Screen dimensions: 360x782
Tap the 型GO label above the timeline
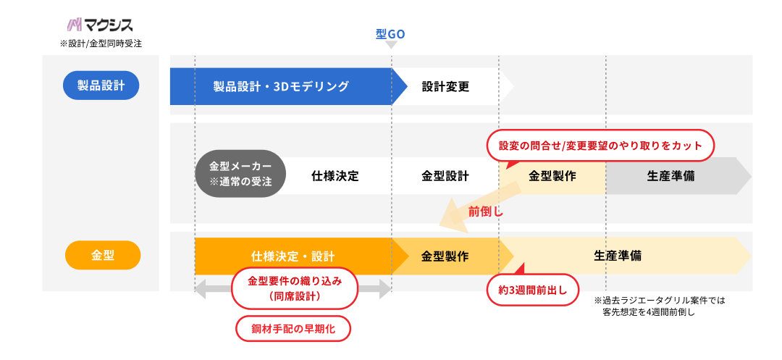pyautogui.click(x=391, y=34)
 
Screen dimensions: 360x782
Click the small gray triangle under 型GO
pyautogui.click(x=391, y=45)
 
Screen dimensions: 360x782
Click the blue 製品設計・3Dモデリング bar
pyautogui.click(x=281, y=86)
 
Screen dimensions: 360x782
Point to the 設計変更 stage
pyautogui.click(x=446, y=87)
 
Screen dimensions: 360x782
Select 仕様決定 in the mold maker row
pyautogui.click(x=335, y=175)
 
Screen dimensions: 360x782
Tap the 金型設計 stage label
pyautogui.click(x=445, y=175)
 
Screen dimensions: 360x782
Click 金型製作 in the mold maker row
pyautogui.click(x=552, y=175)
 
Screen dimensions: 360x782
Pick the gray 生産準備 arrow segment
pyautogui.click(x=670, y=175)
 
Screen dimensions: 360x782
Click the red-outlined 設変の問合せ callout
pyautogui.click(x=600, y=146)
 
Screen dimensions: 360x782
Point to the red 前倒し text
pyautogui.click(x=485, y=212)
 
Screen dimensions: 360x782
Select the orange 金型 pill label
pyautogui.click(x=102, y=255)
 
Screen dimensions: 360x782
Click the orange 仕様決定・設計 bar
pyautogui.click(x=293, y=256)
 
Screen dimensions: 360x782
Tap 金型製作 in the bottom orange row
pyautogui.click(x=445, y=256)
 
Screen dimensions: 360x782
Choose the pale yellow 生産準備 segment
pyautogui.click(x=618, y=256)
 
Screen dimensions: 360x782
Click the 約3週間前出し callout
pyautogui.click(x=533, y=290)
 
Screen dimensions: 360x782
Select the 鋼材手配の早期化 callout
pyautogui.click(x=293, y=328)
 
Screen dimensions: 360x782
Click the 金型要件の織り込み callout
pyautogui.click(x=294, y=288)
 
